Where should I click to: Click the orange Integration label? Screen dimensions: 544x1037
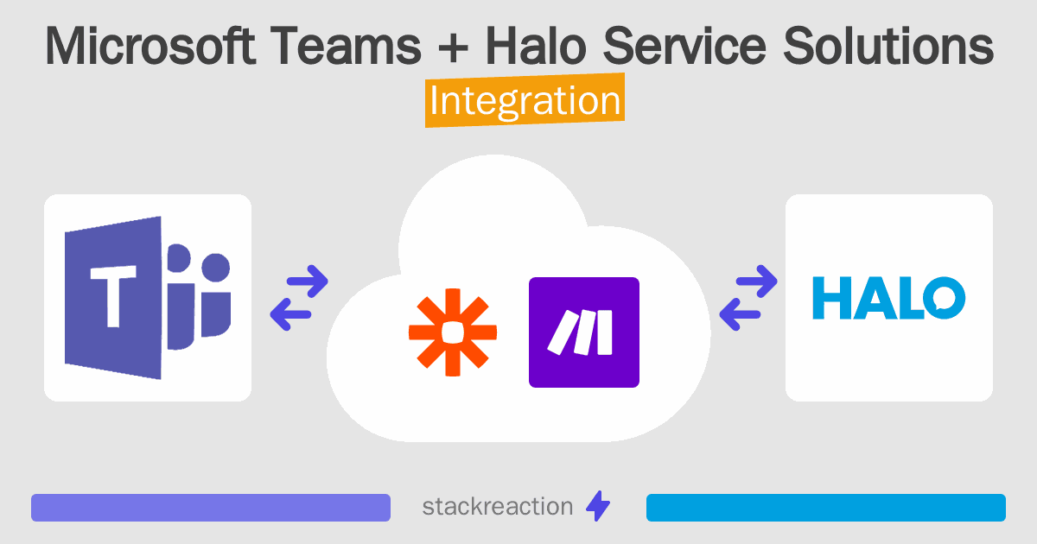pos(525,101)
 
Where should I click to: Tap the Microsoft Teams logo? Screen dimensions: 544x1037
pos(148,297)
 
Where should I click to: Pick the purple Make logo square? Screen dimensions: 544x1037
pos(583,332)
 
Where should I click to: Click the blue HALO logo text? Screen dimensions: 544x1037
pos(888,298)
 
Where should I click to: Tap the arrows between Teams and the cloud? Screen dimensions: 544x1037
pos(299,298)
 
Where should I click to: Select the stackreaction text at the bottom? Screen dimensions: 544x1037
pos(497,507)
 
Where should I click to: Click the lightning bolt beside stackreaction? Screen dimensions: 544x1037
pos(598,507)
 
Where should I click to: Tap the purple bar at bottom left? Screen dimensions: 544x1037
pos(211,508)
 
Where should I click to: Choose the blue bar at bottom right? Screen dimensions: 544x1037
pos(825,508)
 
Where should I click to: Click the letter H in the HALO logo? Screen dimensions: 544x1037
pos(832,298)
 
